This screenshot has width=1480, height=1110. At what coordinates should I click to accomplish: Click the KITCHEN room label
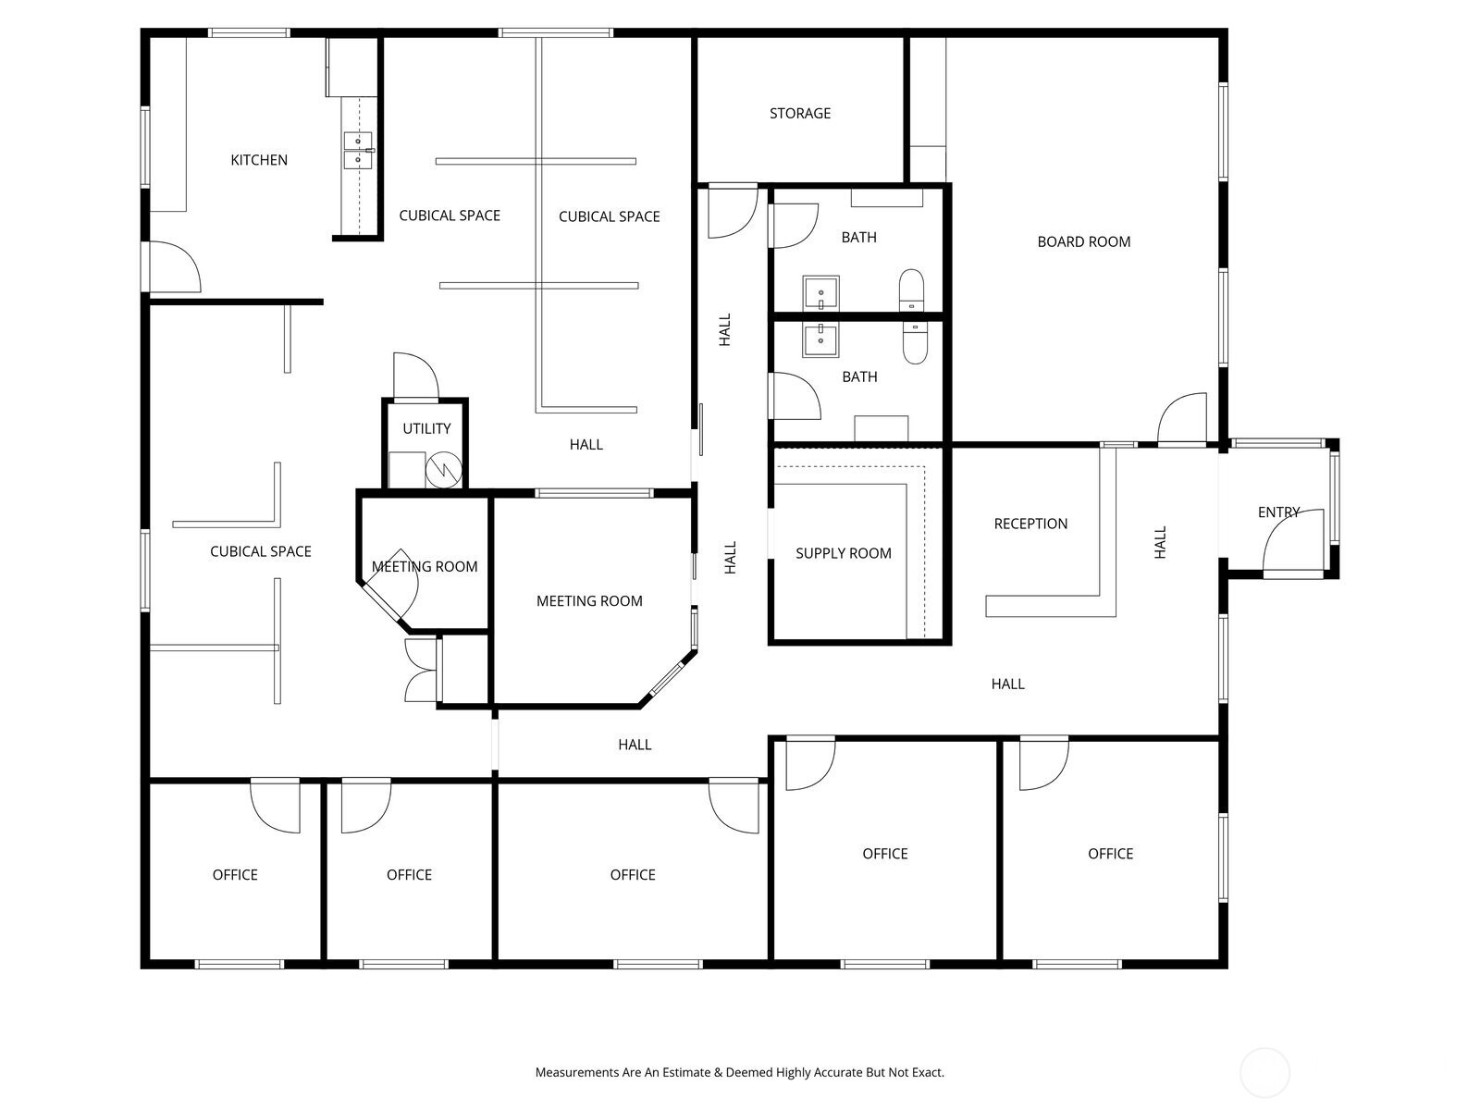259,160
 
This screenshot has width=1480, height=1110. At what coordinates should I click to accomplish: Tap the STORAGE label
800,113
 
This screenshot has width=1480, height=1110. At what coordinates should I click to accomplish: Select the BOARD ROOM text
1083,242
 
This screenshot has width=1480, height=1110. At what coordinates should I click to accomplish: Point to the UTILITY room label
426,428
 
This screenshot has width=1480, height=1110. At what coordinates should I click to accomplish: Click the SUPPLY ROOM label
843,553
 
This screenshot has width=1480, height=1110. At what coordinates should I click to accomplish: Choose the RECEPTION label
1030,524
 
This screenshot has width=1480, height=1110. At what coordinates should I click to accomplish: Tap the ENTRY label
1278,512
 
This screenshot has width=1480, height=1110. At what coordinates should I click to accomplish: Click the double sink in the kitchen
358,150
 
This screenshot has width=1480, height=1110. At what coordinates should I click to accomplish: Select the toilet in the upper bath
911,290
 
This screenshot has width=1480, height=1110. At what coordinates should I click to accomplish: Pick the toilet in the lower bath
914,342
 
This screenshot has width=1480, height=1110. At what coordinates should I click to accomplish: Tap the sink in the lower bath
820,339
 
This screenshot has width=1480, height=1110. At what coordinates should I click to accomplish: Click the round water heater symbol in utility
444,469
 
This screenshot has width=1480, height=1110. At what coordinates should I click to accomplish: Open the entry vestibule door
1293,543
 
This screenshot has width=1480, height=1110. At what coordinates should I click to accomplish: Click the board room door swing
1182,418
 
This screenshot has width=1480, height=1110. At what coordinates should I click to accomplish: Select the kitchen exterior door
175,267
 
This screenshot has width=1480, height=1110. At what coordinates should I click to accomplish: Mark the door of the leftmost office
275,806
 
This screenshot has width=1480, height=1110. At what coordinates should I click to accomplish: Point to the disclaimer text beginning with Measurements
740,1072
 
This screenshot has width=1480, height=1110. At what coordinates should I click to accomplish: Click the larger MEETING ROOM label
589,601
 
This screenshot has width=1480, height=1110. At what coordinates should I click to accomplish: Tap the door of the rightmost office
1043,764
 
